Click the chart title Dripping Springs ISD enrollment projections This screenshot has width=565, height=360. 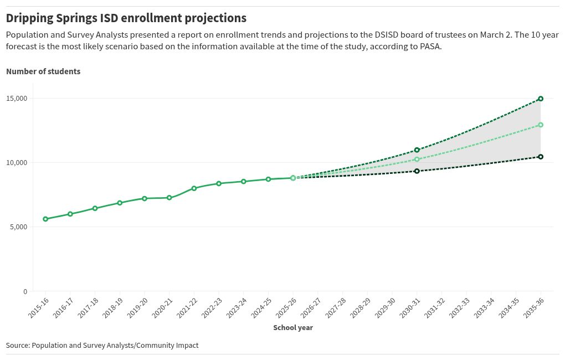(x=126, y=18)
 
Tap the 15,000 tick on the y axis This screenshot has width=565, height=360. (x=17, y=99)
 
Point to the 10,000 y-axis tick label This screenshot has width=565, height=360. (x=17, y=163)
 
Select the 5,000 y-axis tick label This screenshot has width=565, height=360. (x=19, y=227)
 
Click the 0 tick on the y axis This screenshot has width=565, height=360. (x=25, y=291)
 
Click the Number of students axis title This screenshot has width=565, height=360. (x=43, y=71)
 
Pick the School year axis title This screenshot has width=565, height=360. (x=293, y=327)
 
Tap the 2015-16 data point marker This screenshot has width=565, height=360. (x=45, y=219)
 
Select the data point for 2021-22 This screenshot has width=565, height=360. (x=194, y=188)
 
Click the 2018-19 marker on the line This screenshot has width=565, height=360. (x=120, y=203)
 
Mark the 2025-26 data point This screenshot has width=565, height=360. (x=293, y=178)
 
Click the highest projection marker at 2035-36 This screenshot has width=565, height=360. (x=541, y=99)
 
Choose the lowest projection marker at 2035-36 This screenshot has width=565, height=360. (x=541, y=157)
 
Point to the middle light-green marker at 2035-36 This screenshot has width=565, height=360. (x=541, y=125)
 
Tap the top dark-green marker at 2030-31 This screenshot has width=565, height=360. (x=417, y=150)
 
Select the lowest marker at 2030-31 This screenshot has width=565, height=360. (x=417, y=171)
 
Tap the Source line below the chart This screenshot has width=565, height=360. (x=102, y=345)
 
